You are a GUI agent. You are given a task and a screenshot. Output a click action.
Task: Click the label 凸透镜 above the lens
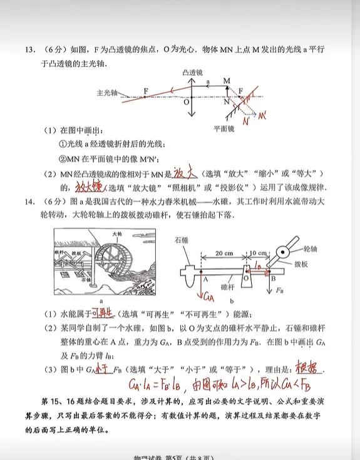tap(192, 73)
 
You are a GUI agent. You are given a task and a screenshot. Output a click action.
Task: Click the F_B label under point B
tap(279, 291)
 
